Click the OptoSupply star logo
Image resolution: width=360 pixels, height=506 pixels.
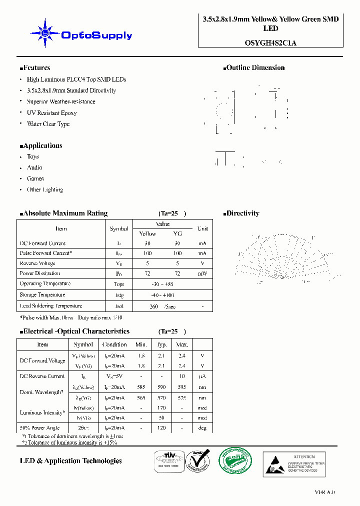point(45,33)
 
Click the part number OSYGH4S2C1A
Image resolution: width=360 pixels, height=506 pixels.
point(270,42)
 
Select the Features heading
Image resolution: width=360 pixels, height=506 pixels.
point(35,68)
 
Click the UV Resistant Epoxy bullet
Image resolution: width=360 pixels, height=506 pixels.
point(51,113)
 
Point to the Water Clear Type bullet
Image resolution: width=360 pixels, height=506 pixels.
point(48,124)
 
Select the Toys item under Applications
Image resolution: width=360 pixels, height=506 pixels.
point(32,156)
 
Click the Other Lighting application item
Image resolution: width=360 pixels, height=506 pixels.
point(44,190)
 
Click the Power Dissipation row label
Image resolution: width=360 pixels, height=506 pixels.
point(40,273)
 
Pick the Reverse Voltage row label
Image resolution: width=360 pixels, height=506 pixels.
point(37,263)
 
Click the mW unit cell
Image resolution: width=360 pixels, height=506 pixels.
point(202,273)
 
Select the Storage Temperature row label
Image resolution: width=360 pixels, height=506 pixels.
point(42,295)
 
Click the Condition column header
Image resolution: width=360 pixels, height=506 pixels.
point(114,344)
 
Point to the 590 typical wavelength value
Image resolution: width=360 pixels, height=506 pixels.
point(161,386)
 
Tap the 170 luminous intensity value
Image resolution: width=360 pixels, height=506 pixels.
point(161,408)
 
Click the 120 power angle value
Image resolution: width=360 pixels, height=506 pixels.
point(161,428)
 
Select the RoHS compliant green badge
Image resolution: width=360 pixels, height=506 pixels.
point(235,460)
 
